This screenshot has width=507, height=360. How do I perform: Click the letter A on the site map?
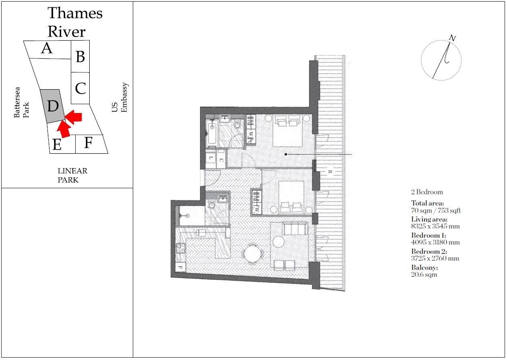point(47,49)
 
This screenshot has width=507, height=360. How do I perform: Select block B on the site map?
point(80,57)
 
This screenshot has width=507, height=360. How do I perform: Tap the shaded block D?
point(53,106)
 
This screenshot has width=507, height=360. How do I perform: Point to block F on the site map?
point(88,143)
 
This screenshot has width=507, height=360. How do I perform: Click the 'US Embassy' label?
point(120,98)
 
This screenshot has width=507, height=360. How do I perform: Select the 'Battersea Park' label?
point(22,103)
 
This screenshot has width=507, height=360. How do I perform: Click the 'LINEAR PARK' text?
point(72,175)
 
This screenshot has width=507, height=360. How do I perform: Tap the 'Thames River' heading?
point(74,22)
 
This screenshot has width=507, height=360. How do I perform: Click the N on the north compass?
point(452,38)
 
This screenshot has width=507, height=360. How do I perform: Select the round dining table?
point(253,254)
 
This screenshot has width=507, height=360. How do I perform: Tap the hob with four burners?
point(180,249)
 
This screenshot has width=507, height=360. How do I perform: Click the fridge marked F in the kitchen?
point(180,267)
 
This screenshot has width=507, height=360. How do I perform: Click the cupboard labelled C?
point(221,160)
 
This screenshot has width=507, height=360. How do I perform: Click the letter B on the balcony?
point(330,172)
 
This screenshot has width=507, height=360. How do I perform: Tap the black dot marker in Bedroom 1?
point(286,154)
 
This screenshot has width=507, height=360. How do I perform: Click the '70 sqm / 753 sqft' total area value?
point(436,210)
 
